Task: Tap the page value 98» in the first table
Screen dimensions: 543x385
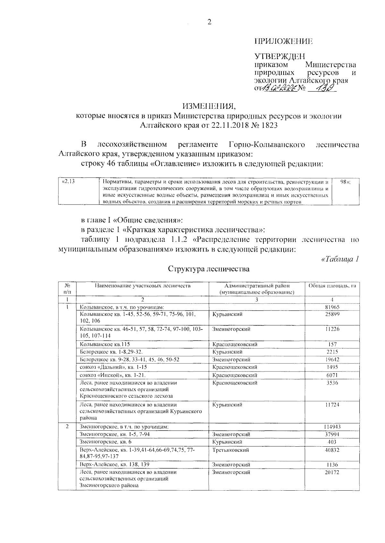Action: [x=345, y=181]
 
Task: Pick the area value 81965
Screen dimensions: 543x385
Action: [x=332, y=307]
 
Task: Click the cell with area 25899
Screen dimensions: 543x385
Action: [x=332, y=314]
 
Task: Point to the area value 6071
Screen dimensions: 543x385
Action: [x=332, y=375]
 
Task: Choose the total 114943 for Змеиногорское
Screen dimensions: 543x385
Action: [x=332, y=427]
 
